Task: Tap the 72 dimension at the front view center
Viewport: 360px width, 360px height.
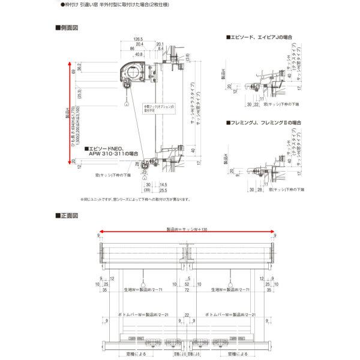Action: [187, 290]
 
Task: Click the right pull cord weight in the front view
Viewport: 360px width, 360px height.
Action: [231, 282]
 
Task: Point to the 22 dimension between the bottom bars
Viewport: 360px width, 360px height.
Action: [187, 314]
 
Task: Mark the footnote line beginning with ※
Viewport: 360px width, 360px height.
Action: [136, 200]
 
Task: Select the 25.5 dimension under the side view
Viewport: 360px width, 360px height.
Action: [164, 190]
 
